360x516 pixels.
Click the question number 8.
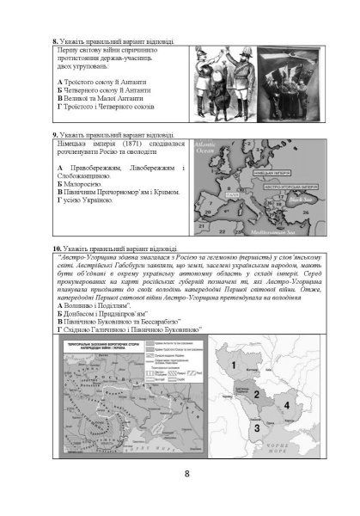pyautogui.click(x=56, y=40)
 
